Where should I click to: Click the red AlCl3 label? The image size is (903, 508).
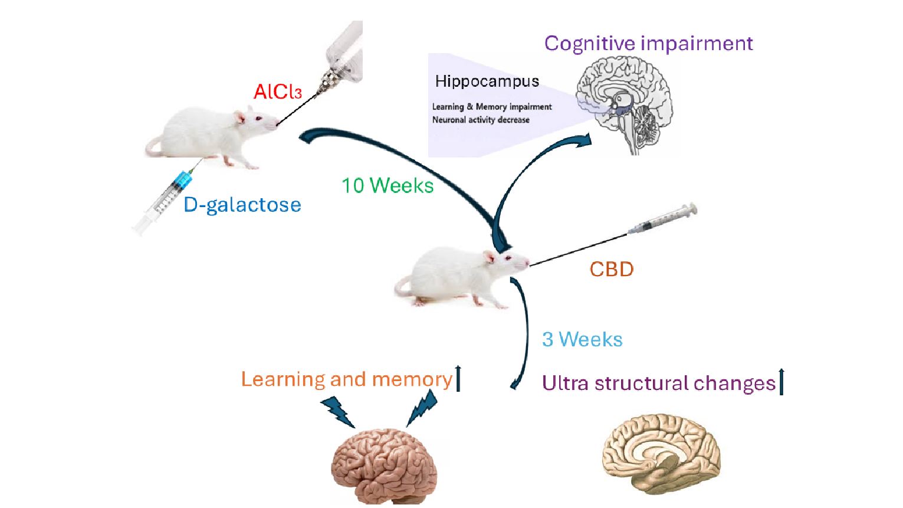tap(277, 91)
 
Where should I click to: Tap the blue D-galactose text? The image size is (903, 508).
tap(242, 205)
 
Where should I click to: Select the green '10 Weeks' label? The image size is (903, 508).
tap(388, 186)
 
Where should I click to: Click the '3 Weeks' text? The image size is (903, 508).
tap(582, 340)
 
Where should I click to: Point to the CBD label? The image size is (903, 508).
tap(612, 270)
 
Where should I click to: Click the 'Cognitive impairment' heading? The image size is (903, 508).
tap(648, 44)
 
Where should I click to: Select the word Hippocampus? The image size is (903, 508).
tap(487, 81)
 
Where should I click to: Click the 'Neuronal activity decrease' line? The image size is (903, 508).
tap(481, 120)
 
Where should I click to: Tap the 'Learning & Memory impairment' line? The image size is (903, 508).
tap(492, 107)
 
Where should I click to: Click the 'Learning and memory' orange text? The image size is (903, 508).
tap(346, 379)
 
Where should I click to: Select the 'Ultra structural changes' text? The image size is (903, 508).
tap(658, 384)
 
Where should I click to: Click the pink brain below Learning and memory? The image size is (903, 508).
tap(385, 466)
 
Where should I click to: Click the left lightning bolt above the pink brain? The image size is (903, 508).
tap(338, 412)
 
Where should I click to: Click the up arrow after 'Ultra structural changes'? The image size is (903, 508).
tap(781, 382)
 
